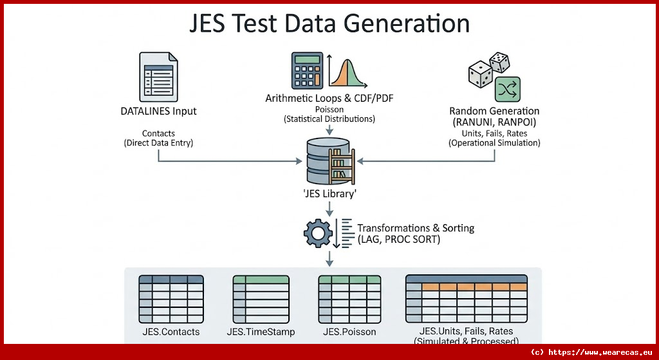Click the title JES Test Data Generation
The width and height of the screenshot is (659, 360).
(x=329, y=23)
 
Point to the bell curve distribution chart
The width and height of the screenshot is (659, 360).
(x=347, y=72)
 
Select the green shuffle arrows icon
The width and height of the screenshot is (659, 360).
(x=507, y=90)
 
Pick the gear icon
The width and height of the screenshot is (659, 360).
(x=317, y=234)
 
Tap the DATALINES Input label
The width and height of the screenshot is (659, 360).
(x=158, y=111)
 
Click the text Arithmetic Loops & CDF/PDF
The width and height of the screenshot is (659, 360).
(x=329, y=99)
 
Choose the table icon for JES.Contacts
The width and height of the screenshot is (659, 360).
(x=171, y=299)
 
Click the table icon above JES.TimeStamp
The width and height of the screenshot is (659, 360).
(x=261, y=299)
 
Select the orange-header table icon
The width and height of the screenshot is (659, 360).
(x=467, y=299)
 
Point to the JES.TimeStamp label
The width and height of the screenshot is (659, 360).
(x=261, y=332)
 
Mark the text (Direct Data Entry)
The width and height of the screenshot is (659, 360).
(x=158, y=142)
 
